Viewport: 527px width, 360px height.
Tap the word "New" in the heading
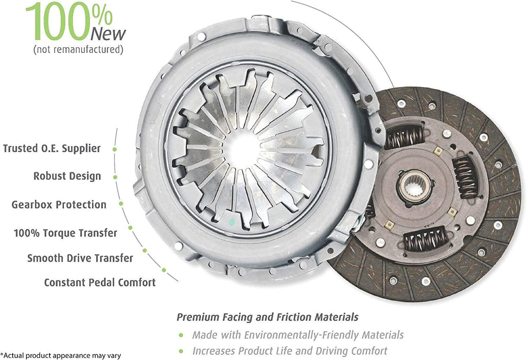point(107,34)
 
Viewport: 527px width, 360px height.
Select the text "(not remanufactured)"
point(78,50)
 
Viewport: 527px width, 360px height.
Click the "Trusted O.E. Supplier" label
point(52,148)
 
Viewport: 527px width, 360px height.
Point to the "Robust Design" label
point(67,176)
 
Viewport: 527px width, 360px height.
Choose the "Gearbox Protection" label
point(59,204)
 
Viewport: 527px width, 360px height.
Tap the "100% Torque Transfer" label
point(65,232)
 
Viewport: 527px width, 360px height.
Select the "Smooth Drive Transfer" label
point(80,258)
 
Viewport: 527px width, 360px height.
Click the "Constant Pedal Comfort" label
point(100,282)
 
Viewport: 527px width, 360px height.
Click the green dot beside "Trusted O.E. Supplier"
point(114,149)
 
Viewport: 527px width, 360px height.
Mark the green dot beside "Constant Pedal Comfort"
point(164,269)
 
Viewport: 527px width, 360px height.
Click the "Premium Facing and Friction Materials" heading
point(268,317)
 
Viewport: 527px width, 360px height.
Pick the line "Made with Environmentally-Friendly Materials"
point(298,335)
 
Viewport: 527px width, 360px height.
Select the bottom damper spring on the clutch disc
point(425,240)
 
